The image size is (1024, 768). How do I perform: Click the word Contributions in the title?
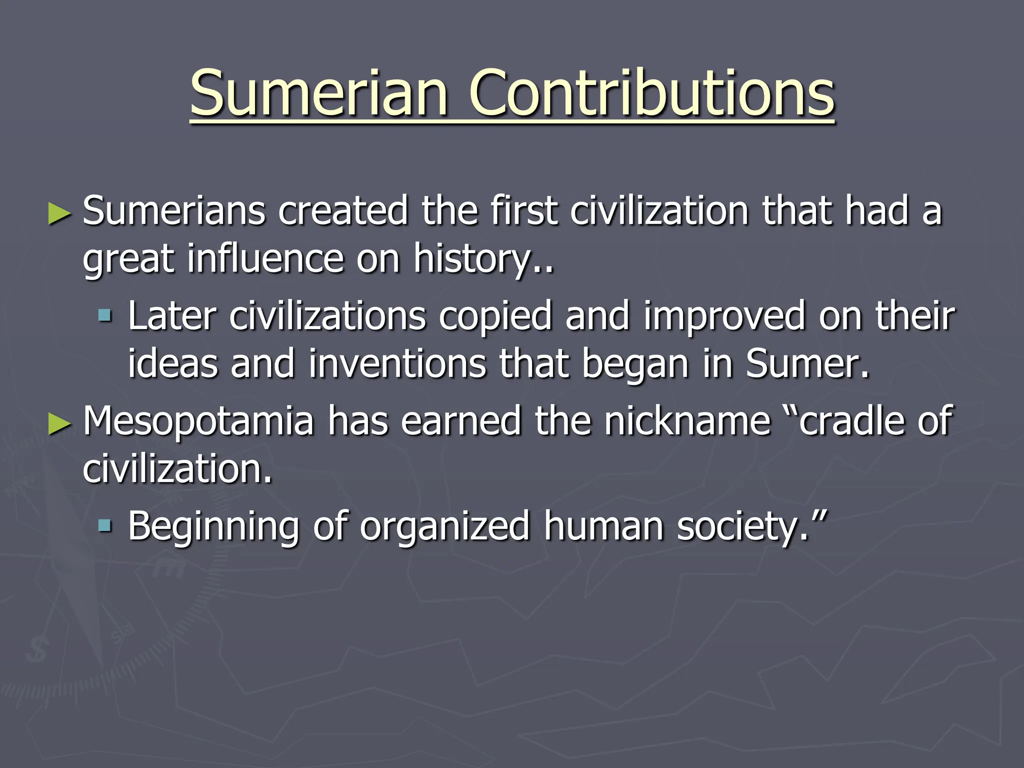(651, 93)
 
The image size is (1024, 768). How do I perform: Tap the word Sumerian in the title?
(318, 93)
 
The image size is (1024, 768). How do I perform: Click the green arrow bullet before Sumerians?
(59, 213)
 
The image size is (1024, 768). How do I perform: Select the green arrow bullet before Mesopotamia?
(59, 423)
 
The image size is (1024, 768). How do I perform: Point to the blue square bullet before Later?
(105, 316)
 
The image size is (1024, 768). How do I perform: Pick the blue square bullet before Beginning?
(105, 526)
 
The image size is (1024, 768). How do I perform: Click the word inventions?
(397, 363)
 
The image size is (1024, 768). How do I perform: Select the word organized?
(444, 527)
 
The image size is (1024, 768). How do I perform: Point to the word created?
(343, 211)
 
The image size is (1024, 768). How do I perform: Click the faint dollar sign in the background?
(36, 650)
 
